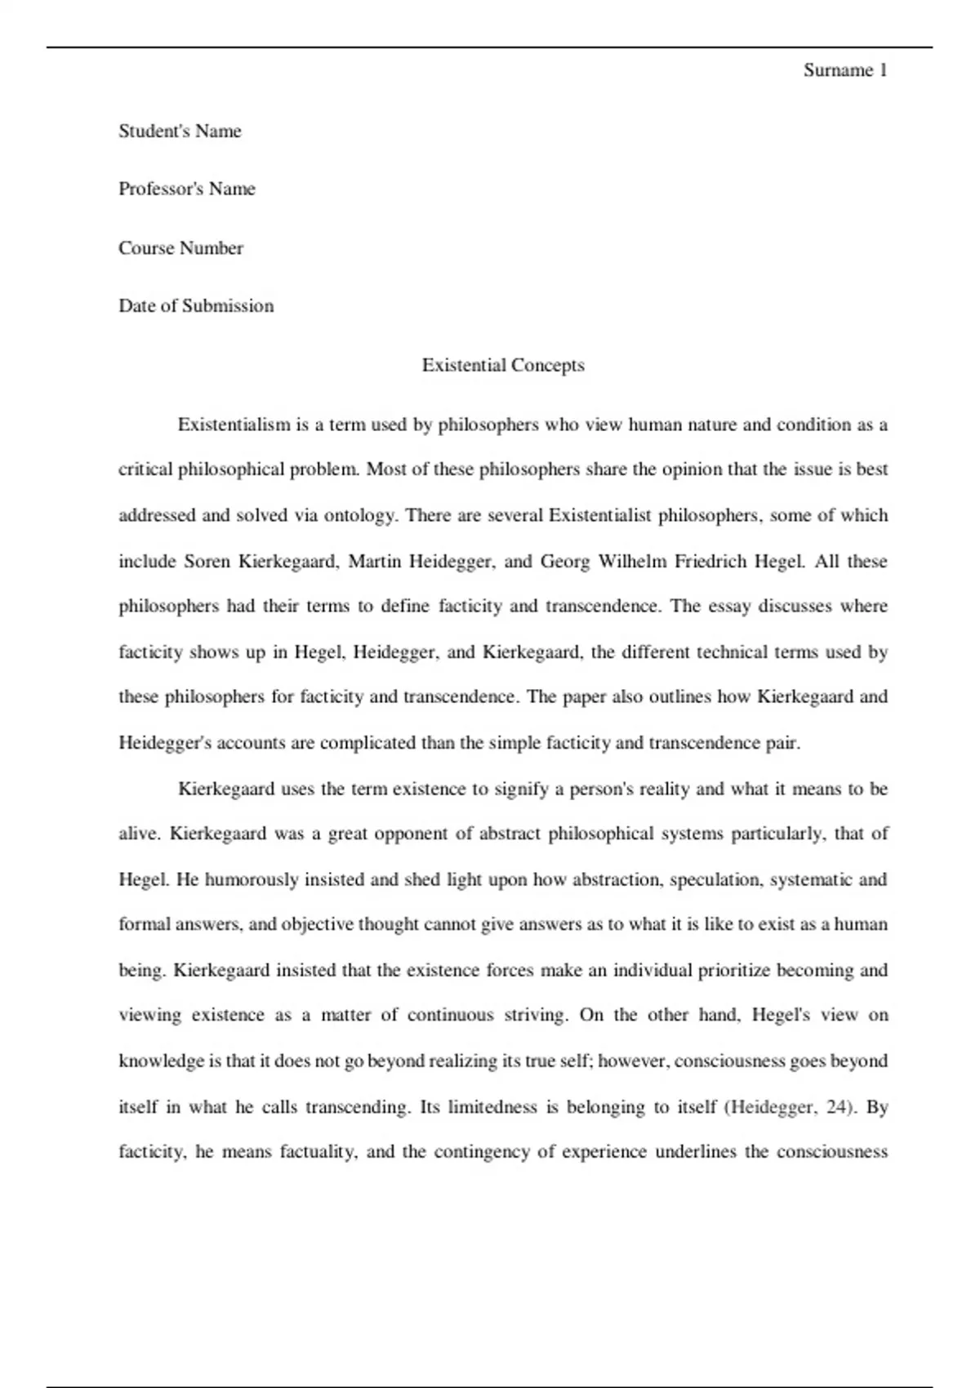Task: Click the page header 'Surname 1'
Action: pos(844,70)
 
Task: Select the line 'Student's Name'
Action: pos(180,131)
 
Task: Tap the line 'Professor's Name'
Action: pos(187,189)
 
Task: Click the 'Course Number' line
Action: pos(180,248)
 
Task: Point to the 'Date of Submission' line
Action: pos(196,306)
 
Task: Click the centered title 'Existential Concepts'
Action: pos(503,365)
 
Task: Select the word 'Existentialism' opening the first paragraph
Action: pos(234,425)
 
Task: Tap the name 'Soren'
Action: pos(207,562)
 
